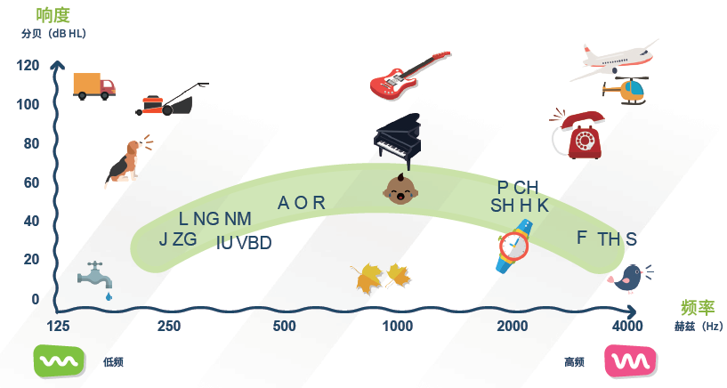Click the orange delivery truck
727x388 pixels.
pos(93,85)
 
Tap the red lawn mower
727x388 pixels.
pos(172,101)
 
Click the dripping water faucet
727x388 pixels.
pos(95,277)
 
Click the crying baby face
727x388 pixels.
pos(398,189)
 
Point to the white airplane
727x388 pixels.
pos(618,58)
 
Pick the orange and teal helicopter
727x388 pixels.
pos(626,91)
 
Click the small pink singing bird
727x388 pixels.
pos(629,279)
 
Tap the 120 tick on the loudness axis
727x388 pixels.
pos(28,66)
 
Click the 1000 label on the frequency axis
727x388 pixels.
pos(397,327)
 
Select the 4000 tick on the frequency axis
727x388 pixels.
pos(627,327)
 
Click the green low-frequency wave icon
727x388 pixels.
pos(60,360)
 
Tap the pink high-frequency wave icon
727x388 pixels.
pos(630,361)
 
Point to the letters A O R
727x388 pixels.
pos(302,203)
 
